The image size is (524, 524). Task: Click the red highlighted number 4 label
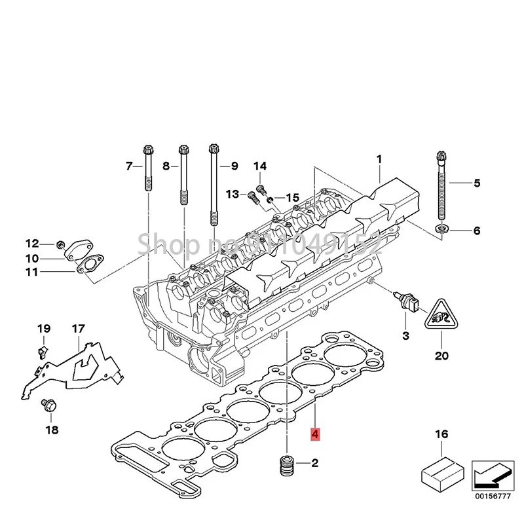pos(315,434)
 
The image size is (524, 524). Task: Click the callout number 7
pos(129,166)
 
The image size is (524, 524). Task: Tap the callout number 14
pos(260,165)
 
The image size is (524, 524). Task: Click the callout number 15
pos(291,197)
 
